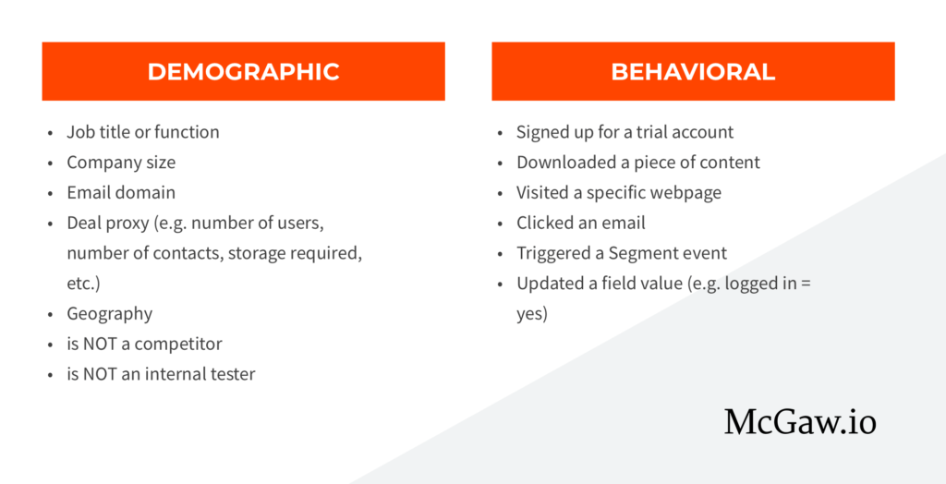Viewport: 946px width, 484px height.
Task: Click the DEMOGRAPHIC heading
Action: click(243, 72)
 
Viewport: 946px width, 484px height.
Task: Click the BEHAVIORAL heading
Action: click(693, 72)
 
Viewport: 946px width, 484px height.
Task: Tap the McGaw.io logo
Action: click(800, 421)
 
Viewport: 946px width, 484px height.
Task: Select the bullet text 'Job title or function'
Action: click(143, 131)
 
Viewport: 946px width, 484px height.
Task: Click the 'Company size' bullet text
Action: click(121, 163)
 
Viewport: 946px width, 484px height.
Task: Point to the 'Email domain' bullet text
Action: click(121, 192)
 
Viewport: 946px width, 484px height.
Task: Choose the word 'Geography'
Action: click(110, 314)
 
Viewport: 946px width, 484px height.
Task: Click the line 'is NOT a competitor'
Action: click(144, 344)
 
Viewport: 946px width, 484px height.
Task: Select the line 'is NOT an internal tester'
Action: click(161, 374)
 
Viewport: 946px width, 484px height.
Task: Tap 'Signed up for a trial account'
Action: click(625, 131)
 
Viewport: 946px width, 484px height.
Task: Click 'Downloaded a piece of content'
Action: click(638, 163)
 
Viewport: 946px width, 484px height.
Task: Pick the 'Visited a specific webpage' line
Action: click(619, 192)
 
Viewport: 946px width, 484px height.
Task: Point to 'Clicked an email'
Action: click(581, 223)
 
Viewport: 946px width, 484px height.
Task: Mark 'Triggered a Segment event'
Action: click(622, 253)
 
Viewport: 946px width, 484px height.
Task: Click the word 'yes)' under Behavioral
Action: click(532, 314)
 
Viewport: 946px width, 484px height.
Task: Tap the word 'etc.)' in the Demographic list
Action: click(83, 284)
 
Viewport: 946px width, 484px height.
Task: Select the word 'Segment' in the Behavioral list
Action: click(644, 253)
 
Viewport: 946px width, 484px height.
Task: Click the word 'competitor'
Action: click(178, 345)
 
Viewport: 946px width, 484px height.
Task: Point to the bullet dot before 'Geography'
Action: click(51, 314)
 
